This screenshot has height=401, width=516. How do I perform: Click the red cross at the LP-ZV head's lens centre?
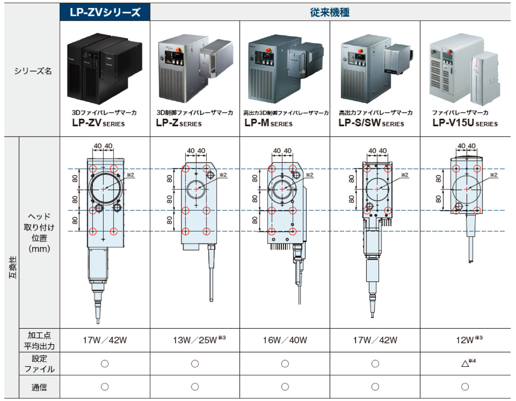103,189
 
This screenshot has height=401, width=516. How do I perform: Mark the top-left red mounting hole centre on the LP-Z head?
185,169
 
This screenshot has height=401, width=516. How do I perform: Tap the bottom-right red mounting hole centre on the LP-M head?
293,231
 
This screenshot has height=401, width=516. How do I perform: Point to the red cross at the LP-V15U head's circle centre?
467,189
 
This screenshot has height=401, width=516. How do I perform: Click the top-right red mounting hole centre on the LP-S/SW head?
387,169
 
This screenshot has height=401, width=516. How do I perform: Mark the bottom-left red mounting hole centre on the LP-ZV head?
93,231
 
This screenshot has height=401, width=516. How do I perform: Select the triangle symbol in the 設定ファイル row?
465,364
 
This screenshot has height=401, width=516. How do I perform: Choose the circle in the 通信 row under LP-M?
285,387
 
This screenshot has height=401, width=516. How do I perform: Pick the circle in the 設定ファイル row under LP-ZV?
104,364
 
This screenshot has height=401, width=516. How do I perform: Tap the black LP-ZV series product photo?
104,68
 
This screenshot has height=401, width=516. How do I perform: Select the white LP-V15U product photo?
465,69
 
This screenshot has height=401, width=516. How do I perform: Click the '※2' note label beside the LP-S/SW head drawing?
404,175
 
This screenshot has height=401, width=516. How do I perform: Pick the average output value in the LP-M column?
285,340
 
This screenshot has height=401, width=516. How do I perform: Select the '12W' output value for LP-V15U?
465,340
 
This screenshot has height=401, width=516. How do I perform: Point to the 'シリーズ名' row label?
33,71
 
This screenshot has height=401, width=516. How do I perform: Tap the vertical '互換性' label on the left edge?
13,267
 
